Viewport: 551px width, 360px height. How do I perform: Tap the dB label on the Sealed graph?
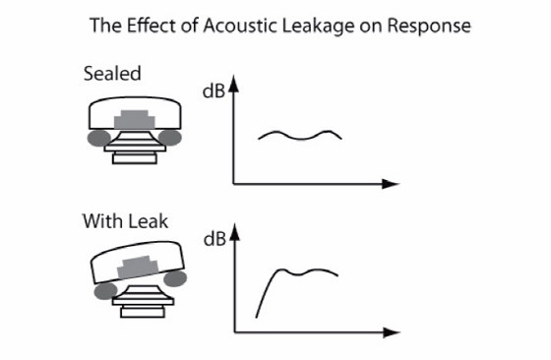click(214, 91)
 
